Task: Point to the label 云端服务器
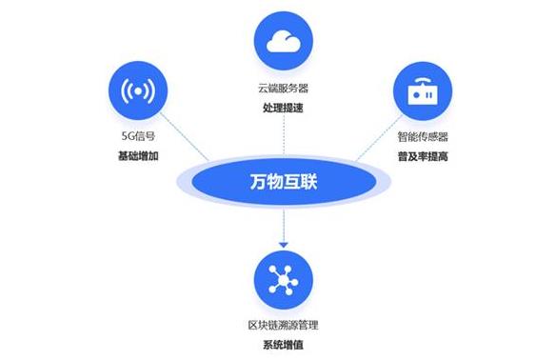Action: [283, 88]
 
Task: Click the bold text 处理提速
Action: [283, 108]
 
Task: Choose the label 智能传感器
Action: [423, 138]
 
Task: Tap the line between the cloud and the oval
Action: [283, 133]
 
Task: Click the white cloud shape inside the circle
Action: [283, 41]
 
